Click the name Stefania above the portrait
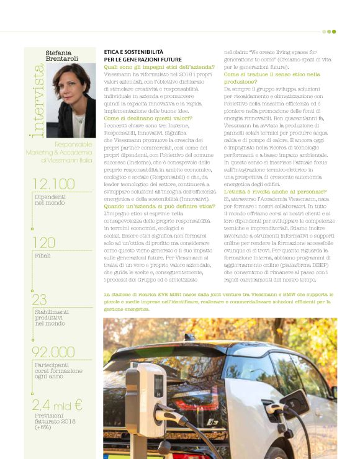[x=60, y=48]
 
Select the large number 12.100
[x=53, y=184]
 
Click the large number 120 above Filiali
[x=43, y=242]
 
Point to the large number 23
[x=40, y=300]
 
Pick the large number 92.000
[x=58, y=352]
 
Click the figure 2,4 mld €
[x=56, y=406]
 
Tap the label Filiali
[x=43, y=255]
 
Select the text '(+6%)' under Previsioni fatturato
[x=44, y=427]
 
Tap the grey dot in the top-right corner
[x=324, y=31]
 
